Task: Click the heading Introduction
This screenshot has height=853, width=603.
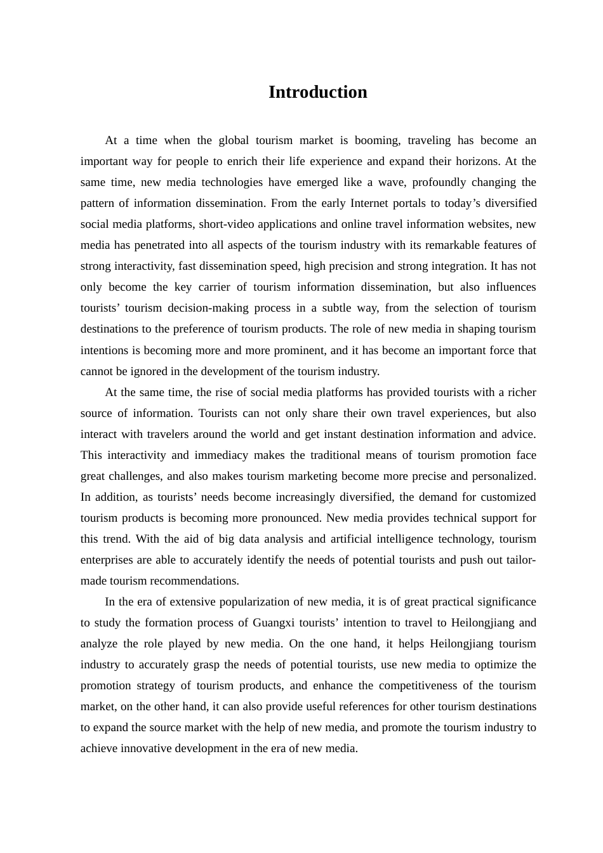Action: (x=317, y=92)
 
